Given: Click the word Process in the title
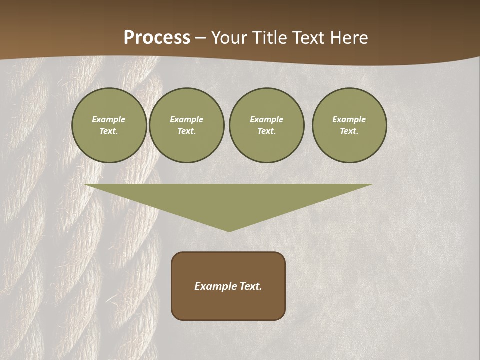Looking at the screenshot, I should tap(157, 38).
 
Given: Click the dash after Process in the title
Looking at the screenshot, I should tap(200, 38).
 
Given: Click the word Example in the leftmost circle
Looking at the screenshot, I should tap(109, 119).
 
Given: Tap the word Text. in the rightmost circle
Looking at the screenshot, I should tap(349, 131).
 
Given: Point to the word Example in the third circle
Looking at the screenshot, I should tap(267, 119).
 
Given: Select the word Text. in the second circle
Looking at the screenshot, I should tap(187, 131).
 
